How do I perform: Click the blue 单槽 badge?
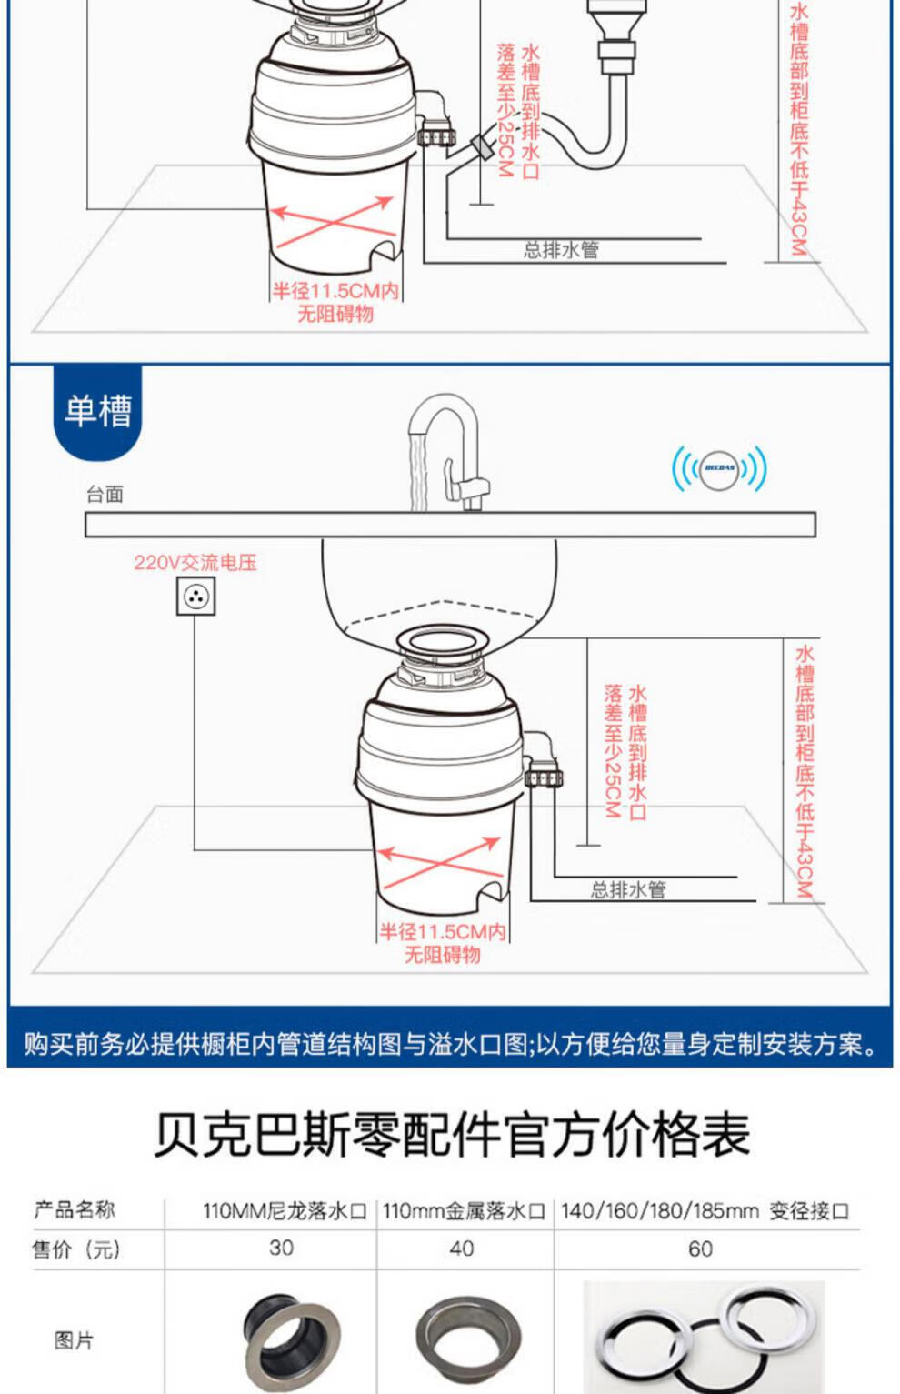[97, 412]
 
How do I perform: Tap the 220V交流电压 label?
[195, 563]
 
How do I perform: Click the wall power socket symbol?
[196, 597]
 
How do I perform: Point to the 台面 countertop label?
[105, 495]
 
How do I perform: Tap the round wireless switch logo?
[720, 468]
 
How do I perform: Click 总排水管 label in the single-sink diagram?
[628, 890]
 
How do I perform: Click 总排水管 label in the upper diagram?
[561, 250]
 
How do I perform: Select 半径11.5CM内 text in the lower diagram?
[443, 932]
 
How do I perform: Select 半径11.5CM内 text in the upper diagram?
[335, 291]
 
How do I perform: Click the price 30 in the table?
[281, 1248]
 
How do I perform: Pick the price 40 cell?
[462, 1249]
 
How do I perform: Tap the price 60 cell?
[700, 1249]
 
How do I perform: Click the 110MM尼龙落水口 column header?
[285, 1211]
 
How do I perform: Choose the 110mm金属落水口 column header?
[464, 1211]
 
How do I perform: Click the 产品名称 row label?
[75, 1209]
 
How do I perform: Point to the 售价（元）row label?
[75, 1249]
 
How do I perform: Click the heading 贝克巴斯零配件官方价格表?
[452, 1135]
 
